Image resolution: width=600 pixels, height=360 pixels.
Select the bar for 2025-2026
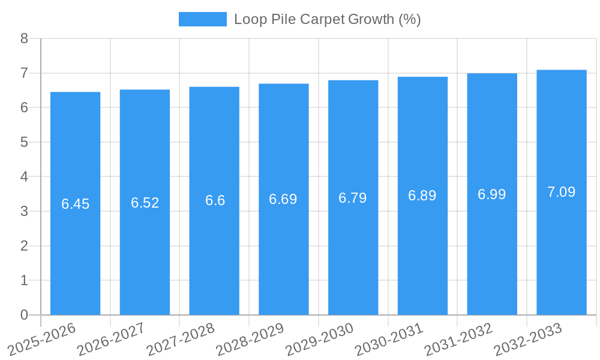[75, 203]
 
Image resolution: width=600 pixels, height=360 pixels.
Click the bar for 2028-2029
[284, 199]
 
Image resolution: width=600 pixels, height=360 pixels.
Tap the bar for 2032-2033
[562, 192]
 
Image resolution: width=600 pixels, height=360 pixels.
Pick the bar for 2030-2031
[422, 196]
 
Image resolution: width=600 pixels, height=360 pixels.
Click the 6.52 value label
[145, 203]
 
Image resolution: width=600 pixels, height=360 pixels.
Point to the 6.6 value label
[215, 200]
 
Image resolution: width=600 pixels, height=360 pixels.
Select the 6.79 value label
[353, 198]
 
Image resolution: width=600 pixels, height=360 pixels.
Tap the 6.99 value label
[492, 194]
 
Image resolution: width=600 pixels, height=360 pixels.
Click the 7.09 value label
[562, 192]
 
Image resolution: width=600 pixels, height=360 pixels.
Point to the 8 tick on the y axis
[24, 38]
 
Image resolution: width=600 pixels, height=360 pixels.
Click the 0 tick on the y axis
[24, 315]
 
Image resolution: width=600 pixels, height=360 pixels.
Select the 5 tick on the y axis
[24, 142]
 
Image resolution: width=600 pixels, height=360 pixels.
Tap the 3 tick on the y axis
[24, 211]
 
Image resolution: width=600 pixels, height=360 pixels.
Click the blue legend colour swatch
[203, 19]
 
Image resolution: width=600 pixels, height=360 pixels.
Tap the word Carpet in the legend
[322, 19]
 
